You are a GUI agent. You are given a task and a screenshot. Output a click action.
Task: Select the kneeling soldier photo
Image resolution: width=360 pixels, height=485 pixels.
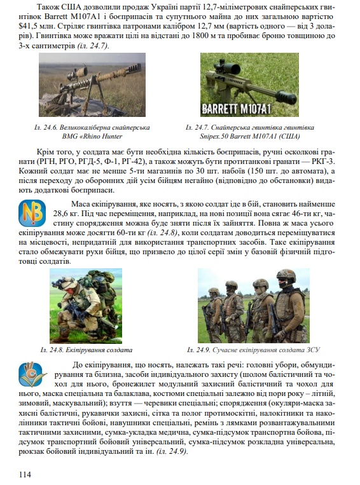[x=86, y=306]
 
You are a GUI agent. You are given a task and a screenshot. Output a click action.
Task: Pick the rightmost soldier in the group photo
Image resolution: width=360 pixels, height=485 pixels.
[x=287, y=308]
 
